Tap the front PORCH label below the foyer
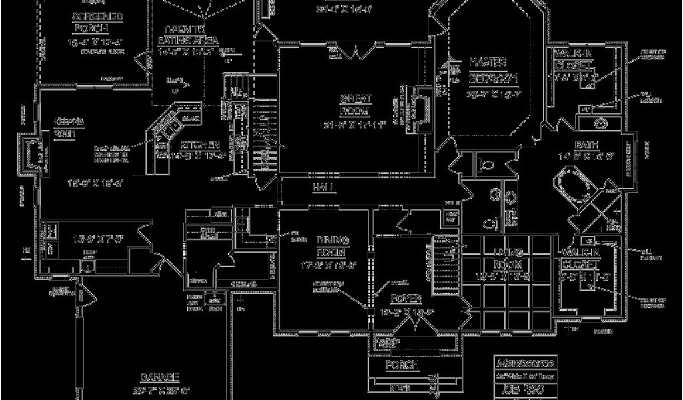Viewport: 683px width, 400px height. pos(402,366)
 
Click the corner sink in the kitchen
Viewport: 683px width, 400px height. pos(168,125)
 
